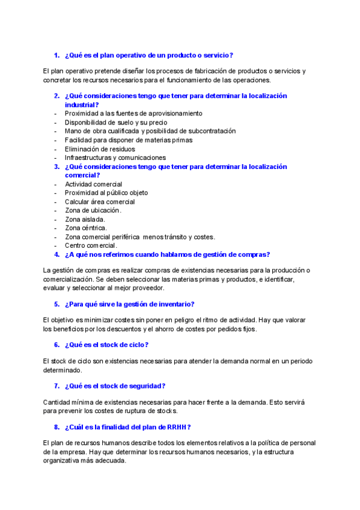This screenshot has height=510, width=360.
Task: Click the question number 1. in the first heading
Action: [56, 55]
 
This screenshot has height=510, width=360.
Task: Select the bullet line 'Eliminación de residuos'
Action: [100, 149]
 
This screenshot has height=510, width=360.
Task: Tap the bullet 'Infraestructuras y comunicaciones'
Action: [115, 158]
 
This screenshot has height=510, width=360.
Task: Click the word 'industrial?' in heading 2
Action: [82, 105]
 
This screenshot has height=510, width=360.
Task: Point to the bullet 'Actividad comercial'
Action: [93, 184]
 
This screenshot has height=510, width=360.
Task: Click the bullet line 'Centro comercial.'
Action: [91, 245]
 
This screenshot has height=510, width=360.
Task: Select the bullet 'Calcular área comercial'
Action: [100, 202]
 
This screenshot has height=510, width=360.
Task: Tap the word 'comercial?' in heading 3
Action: [81, 175]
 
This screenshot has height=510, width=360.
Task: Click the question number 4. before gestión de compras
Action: [56, 254]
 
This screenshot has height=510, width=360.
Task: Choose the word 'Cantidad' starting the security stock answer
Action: [57, 402]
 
